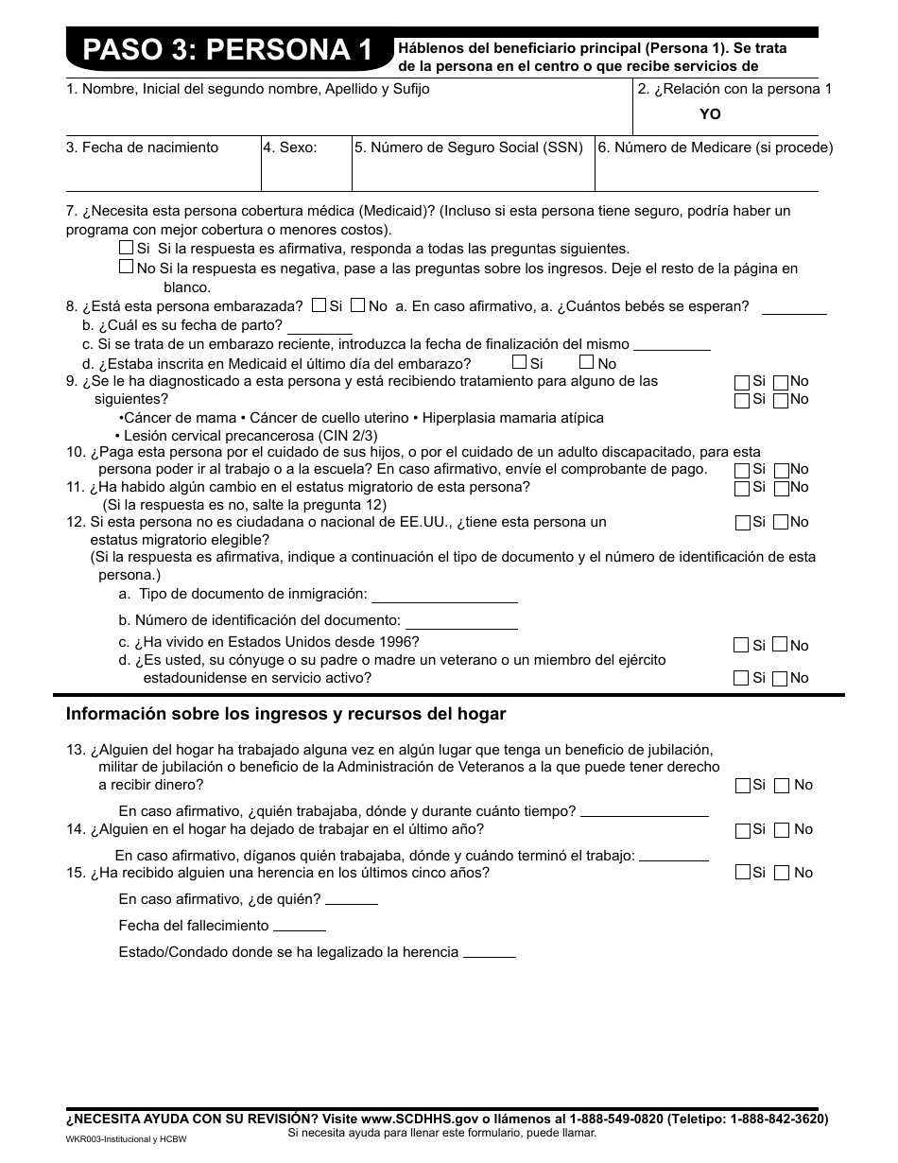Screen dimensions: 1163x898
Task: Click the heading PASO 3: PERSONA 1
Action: pyautogui.click(x=227, y=50)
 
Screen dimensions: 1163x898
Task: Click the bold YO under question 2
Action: pyautogui.click(x=710, y=113)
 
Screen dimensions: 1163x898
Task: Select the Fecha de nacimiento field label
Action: pyautogui.click(x=142, y=148)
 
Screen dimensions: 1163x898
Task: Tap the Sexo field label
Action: pyautogui.click(x=290, y=148)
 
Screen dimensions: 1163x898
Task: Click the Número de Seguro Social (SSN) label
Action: pyautogui.click(x=469, y=148)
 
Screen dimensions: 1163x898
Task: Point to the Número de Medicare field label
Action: pyautogui.click(x=715, y=148)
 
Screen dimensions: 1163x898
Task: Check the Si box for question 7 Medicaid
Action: pyautogui.click(x=126, y=248)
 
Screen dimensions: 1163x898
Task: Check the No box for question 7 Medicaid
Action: pyautogui.click(x=126, y=268)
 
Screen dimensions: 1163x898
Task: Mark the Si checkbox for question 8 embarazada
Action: pyautogui.click(x=319, y=305)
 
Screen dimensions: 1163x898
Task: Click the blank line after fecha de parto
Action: pyautogui.click(x=319, y=329)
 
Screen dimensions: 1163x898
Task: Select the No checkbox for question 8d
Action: pyautogui.click(x=586, y=362)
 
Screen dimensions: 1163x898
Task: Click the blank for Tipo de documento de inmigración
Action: pyautogui.click(x=444, y=599)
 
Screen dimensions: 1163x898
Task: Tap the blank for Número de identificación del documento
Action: pyautogui.click(x=461, y=625)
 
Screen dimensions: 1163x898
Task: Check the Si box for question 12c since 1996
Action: pyautogui.click(x=741, y=645)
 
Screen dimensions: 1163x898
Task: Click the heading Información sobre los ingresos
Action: pyautogui.click(x=285, y=714)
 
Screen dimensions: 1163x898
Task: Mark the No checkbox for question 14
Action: pyautogui.click(x=782, y=830)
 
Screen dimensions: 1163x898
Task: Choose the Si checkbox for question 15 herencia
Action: pyautogui.click(x=742, y=873)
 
